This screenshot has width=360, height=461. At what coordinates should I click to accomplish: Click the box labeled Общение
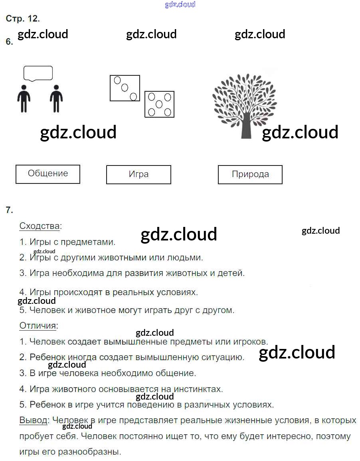point(48,174)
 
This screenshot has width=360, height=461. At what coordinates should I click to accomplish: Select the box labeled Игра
point(138,175)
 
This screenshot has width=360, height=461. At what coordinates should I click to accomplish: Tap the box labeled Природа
point(250,175)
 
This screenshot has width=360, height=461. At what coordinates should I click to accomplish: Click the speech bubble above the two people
point(38,73)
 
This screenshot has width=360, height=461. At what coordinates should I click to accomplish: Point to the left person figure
point(24,99)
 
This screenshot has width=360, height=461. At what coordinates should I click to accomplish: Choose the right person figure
point(56,99)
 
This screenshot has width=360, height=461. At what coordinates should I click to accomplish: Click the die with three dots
point(125,88)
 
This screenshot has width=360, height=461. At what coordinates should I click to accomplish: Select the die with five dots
point(159,104)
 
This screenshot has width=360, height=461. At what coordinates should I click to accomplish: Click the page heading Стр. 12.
point(23,19)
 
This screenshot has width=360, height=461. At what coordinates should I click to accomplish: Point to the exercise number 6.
point(9,42)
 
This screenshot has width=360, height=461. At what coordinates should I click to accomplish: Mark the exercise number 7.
point(9,210)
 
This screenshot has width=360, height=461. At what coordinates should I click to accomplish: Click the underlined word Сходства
point(40,226)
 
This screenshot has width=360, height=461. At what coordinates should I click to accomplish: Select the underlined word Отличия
point(38,325)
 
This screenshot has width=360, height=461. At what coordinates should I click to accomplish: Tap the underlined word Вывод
point(34,420)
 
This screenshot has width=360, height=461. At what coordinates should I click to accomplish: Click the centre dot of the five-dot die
point(159,104)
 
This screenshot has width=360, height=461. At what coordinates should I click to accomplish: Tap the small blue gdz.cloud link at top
point(180,4)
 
